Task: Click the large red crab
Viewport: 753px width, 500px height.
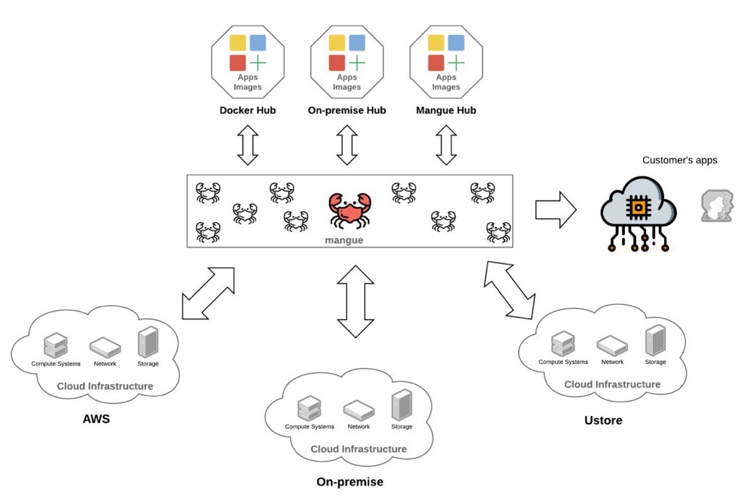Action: (350, 210)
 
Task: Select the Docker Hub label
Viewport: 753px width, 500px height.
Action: (248, 110)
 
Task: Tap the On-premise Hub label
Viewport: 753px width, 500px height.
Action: (346, 110)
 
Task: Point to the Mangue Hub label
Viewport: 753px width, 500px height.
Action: (446, 110)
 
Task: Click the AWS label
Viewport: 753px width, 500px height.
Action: (96, 419)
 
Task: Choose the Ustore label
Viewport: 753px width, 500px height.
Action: (603, 420)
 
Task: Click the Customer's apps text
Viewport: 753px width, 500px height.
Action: (679, 160)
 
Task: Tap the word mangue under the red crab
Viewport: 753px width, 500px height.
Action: (344, 240)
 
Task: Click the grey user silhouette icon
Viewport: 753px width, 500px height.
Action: (717, 206)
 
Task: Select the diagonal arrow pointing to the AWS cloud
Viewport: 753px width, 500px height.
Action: (208, 294)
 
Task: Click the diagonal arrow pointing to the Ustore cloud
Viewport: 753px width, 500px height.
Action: (510, 290)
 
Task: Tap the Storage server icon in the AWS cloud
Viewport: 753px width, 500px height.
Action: (148, 342)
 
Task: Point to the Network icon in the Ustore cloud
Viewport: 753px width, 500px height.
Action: (612, 344)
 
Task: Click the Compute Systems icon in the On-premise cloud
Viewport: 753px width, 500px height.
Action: (309, 408)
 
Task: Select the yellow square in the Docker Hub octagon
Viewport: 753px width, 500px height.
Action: (238, 43)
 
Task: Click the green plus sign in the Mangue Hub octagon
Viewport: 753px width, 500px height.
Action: (456, 63)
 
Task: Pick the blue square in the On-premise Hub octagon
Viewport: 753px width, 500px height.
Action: (357, 43)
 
